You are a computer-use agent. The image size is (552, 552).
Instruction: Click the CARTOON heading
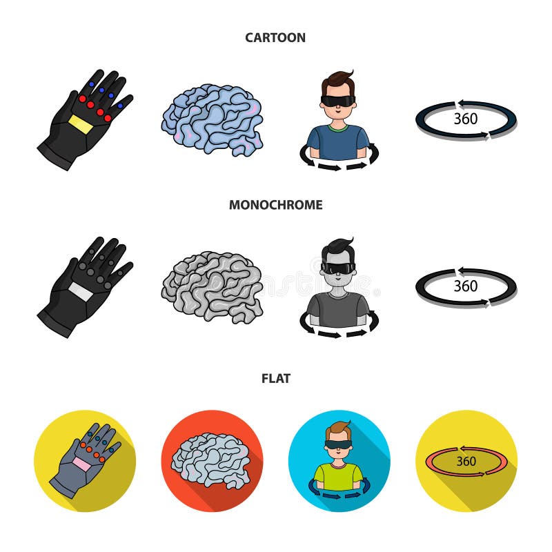275,38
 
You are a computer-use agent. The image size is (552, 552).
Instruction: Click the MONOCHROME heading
275,205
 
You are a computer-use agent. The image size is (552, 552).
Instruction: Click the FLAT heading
275,378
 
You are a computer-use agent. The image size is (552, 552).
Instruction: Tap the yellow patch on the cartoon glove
79,124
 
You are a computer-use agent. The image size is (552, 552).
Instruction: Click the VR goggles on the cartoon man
338,101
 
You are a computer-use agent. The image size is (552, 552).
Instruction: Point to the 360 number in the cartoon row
466,119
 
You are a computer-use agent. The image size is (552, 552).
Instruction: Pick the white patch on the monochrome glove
79,290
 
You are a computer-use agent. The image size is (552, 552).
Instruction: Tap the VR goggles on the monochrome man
338,268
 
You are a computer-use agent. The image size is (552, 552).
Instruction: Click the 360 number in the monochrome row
466,286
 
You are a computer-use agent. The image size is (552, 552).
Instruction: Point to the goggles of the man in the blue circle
339,445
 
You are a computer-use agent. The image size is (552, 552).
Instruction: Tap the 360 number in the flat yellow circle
466,461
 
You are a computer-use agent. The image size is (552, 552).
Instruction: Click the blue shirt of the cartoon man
338,141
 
